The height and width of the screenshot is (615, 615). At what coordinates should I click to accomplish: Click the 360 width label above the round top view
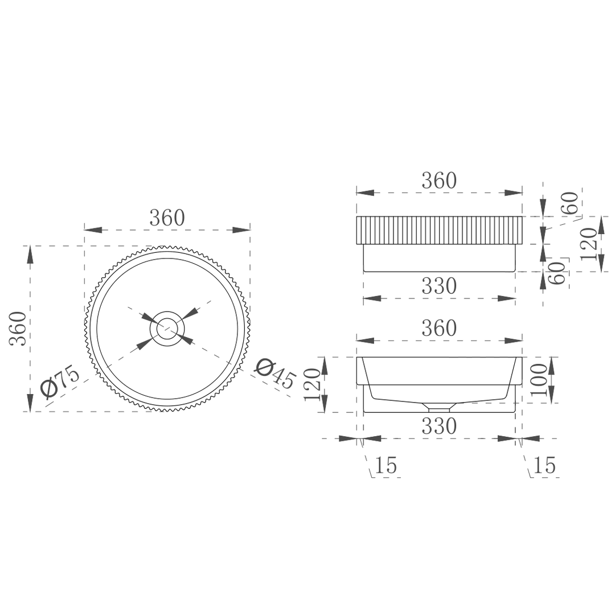point(167,218)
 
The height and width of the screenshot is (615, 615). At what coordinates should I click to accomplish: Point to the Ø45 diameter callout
point(275,373)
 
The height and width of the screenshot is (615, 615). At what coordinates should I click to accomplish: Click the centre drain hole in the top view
point(167,328)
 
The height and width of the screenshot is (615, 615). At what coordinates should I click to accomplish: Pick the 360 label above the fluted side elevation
point(439,181)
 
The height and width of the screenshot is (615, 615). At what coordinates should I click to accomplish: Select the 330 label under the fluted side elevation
point(439,286)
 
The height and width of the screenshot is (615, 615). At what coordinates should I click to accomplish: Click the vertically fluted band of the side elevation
point(439,230)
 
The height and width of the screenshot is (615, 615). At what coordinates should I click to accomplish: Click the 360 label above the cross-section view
point(439,329)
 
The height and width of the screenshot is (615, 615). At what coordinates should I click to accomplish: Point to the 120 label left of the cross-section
point(312,384)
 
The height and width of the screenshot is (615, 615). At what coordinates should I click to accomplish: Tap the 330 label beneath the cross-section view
point(439,427)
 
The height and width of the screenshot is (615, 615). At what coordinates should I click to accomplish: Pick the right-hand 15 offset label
point(544,466)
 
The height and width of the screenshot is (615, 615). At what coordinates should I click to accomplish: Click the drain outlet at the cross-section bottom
point(438,408)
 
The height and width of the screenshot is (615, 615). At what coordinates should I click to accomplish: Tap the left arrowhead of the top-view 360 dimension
point(93,230)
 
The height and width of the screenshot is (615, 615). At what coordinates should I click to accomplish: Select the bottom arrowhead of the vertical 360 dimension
point(30,402)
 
